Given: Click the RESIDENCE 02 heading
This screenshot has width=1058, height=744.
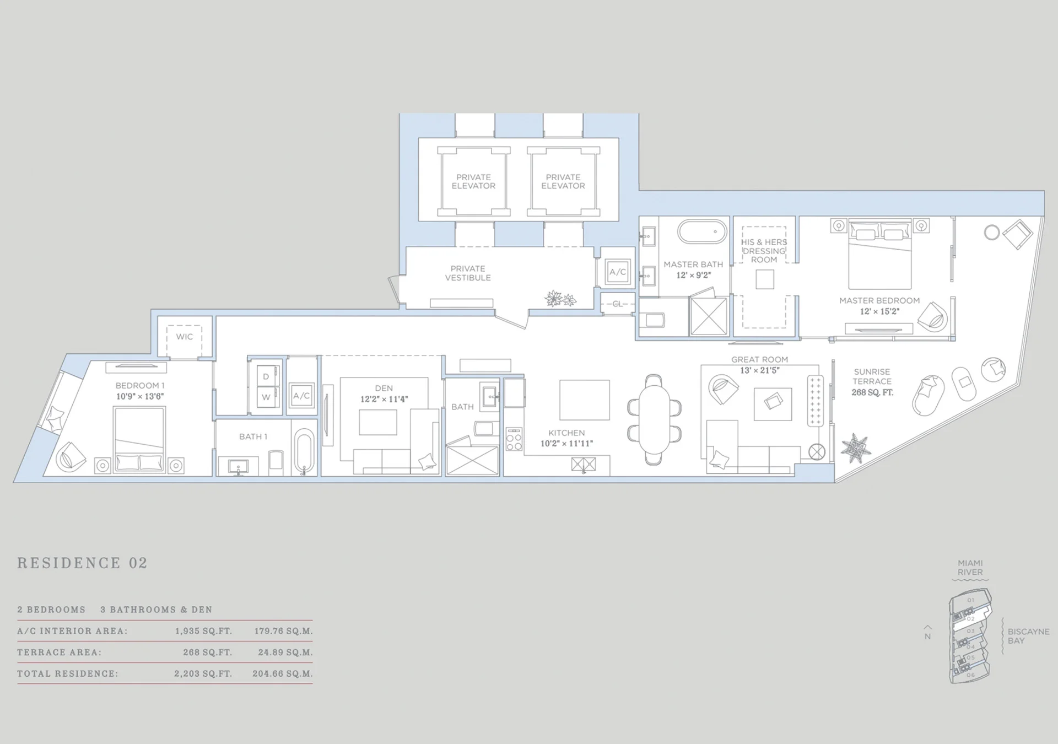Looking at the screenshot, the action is point(83,563).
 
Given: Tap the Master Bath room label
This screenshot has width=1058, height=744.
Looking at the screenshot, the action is point(693,265).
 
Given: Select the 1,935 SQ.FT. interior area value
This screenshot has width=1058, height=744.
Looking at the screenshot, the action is point(203,631).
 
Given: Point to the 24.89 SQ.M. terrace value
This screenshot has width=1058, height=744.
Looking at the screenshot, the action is point(285,653).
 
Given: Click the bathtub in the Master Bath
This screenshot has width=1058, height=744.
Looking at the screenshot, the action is point(702,232).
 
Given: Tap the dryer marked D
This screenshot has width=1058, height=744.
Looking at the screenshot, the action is point(266,376).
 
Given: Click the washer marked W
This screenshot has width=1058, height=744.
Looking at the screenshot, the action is point(266,397).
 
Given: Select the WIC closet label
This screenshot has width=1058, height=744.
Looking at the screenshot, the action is point(185,337).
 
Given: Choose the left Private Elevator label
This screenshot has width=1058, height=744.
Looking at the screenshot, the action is point(473,182).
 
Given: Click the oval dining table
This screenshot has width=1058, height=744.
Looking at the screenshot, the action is point(654,419).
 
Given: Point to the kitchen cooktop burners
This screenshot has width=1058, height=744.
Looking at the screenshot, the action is point(514,439).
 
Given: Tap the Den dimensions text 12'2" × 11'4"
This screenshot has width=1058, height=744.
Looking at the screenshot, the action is point(384,399).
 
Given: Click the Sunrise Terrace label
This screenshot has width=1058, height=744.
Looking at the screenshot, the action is point(872,376).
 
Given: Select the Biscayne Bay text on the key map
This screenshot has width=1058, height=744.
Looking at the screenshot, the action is point(1028,636).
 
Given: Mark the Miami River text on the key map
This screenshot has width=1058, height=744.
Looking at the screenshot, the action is point(970,568).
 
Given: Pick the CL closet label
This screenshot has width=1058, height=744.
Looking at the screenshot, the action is point(617,304).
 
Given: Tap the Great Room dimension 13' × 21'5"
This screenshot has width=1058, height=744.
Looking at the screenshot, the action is point(759,370).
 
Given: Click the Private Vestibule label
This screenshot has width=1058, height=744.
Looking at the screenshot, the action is point(468,273).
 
